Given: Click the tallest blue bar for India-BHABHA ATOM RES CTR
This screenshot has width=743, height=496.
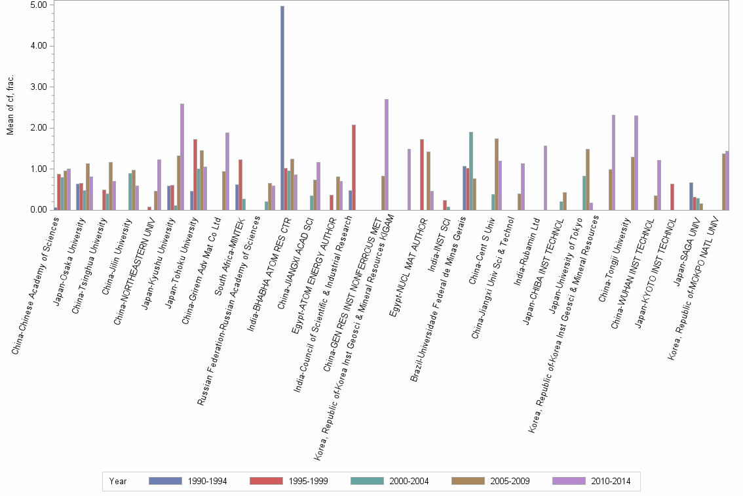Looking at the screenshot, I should (x=282, y=108).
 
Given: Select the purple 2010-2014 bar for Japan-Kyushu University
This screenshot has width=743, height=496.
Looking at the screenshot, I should (x=182, y=157).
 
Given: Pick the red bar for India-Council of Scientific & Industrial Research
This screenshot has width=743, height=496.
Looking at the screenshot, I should (x=354, y=167).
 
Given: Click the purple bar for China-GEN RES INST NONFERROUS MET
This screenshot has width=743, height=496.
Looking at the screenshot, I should (x=387, y=155).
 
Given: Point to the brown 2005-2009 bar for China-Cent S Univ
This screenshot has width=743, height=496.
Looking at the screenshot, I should (x=497, y=175).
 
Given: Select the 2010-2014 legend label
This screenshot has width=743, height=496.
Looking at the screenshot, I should (x=610, y=481).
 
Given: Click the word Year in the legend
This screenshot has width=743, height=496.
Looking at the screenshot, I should (x=119, y=481).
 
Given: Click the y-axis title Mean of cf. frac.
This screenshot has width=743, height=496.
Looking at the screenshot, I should (x=10, y=105).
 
